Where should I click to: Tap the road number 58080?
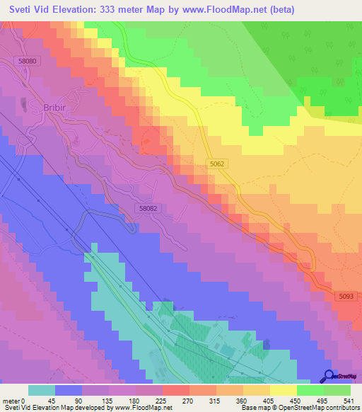pyautogui.click(x=28, y=62)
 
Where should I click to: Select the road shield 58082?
pyautogui.click(x=148, y=208)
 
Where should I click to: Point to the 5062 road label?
pyautogui.click(x=218, y=164)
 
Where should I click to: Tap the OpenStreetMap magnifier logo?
pyautogui.click(x=328, y=376)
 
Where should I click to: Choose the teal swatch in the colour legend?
pyautogui.click(x=42, y=390)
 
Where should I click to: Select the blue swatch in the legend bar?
pyautogui.click(x=69, y=390)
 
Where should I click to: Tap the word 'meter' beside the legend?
pyautogui.click(x=11, y=400)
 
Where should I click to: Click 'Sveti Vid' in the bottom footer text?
pyautogui.click(x=14, y=408)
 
